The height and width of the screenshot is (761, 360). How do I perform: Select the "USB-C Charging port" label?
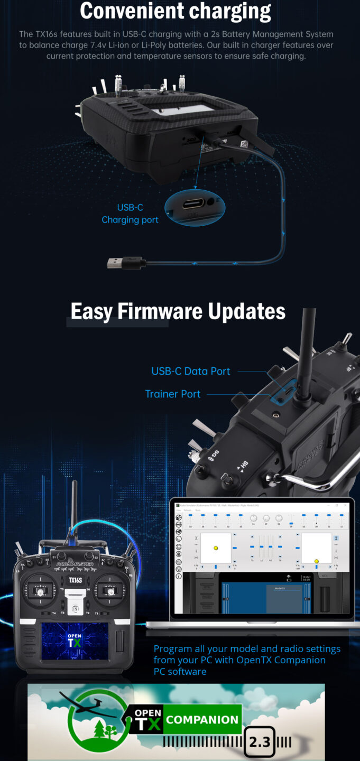(130, 214)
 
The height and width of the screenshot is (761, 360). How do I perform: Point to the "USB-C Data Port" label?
(191, 371)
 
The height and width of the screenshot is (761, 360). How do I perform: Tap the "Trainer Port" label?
(173, 394)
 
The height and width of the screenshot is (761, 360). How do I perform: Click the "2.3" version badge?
(260, 743)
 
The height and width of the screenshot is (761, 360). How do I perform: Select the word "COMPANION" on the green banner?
(202, 719)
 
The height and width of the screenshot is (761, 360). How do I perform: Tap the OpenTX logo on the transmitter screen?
(75, 639)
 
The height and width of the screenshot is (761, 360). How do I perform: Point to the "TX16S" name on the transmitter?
(75, 580)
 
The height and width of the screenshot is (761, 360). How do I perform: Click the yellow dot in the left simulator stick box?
(216, 548)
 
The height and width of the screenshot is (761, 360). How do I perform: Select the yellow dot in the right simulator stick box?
(316, 561)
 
